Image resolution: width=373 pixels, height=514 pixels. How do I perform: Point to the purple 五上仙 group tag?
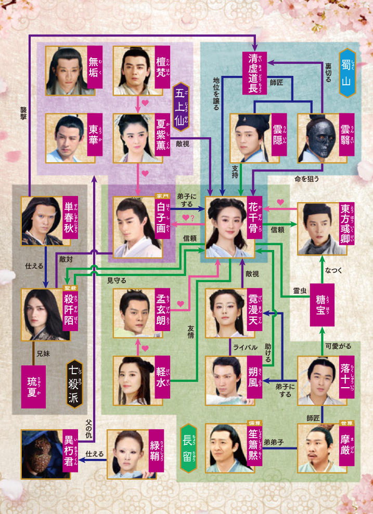tap(182, 107)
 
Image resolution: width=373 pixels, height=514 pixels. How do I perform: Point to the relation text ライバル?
tap(243, 347)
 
